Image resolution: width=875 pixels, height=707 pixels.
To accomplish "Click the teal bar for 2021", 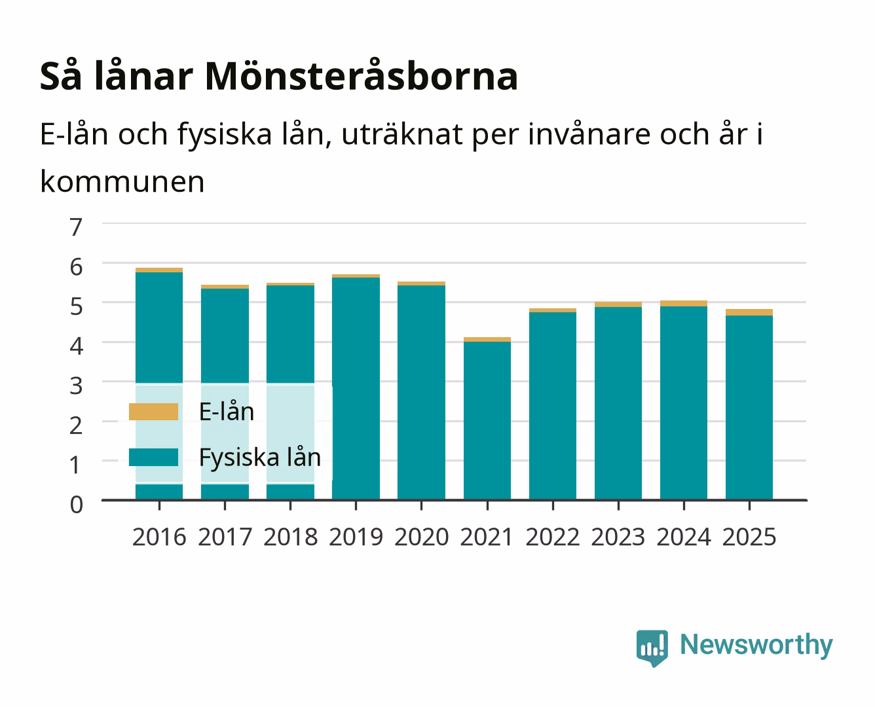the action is (x=487, y=420).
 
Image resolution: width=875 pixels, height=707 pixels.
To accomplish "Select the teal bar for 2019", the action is (x=356, y=388).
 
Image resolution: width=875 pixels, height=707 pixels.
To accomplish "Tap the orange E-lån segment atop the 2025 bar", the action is (x=749, y=312).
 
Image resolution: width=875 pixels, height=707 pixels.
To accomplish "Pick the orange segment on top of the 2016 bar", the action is (x=159, y=270).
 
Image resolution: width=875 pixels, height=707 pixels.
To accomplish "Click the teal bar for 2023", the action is (x=618, y=403).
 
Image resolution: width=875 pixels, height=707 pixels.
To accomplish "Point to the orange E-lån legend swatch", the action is (x=153, y=412).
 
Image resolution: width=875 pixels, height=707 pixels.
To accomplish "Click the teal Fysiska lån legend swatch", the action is (x=153, y=457).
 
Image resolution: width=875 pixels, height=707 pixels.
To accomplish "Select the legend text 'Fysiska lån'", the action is (x=259, y=458).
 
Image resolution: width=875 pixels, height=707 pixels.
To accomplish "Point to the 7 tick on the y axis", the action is (x=76, y=227).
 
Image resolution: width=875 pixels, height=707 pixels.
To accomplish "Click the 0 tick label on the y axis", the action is (x=77, y=505).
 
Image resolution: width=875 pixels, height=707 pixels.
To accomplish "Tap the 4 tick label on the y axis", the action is (x=77, y=346).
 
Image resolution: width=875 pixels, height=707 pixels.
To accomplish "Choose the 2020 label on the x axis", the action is (x=422, y=537).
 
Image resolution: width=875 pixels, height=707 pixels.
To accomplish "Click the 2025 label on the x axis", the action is (x=749, y=537).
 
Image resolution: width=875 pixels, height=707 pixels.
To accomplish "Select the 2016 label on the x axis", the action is (x=159, y=537).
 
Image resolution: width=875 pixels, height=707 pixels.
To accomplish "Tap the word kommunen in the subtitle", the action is (x=122, y=181).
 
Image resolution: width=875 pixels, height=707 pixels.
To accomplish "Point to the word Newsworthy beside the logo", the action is (x=756, y=645).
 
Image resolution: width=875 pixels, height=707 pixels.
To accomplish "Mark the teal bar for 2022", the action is (x=553, y=406).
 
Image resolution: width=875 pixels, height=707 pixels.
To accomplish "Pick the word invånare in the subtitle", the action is (x=589, y=134).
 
